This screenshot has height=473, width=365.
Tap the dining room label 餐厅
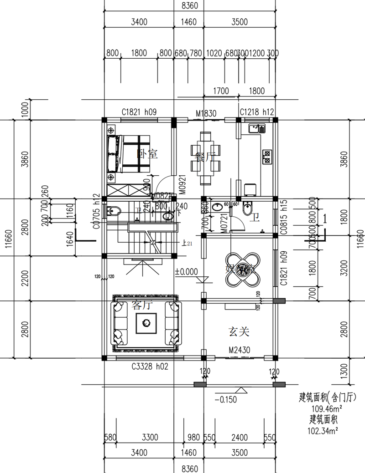[204, 157]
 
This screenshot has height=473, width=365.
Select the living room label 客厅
[141, 305]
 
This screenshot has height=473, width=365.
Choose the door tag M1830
[206, 113]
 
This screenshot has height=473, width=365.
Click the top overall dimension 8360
[189, 5]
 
